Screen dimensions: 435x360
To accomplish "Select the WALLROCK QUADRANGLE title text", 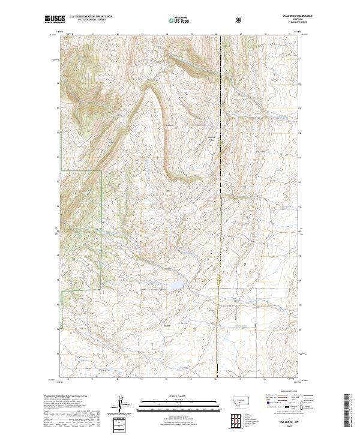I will click(279, 16).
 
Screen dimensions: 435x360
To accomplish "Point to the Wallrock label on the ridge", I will click(169, 125).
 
